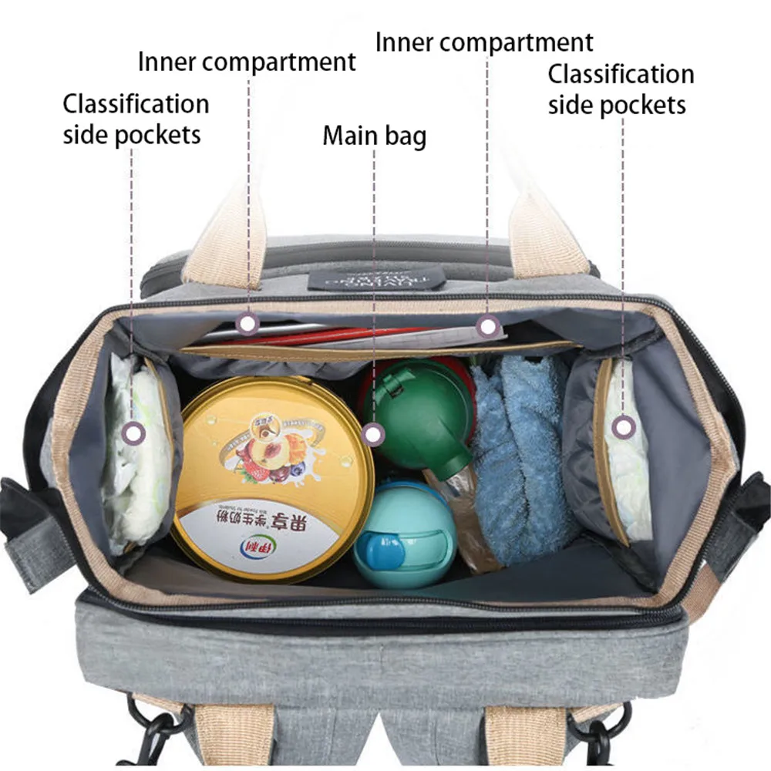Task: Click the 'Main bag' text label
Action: [x=374, y=136]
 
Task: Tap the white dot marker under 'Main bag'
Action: [x=374, y=436]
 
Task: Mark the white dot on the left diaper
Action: [x=135, y=433]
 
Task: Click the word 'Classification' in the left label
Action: [x=136, y=103]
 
